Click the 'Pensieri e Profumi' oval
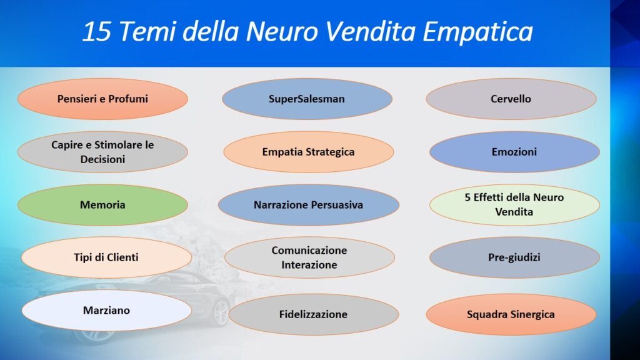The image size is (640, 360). [103, 99]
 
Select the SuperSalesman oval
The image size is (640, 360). [307, 99]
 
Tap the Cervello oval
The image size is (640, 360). [511, 99]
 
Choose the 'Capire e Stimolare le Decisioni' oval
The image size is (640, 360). [103, 152]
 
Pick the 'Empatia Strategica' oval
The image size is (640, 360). [309, 152]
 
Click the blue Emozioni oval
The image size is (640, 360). [514, 152]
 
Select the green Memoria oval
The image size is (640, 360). [103, 205]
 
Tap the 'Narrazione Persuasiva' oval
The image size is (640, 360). [309, 205]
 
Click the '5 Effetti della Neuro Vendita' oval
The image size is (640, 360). [514, 205]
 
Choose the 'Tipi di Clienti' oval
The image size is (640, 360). [106, 257]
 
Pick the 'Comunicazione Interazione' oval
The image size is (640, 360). [309, 257]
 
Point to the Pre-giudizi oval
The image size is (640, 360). [514, 257]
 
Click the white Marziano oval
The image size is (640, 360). [106, 311]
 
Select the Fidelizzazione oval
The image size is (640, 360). [314, 314]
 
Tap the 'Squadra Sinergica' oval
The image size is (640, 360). [511, 314]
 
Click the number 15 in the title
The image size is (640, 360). [96, 32]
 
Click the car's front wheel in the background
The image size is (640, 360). [221, 313]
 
